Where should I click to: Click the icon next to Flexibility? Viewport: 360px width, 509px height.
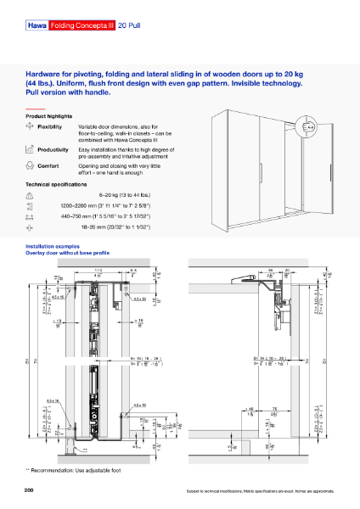(x=31, y=126)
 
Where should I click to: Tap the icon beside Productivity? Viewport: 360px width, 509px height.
(x=31, y=149)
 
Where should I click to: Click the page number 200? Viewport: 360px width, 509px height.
(x=30, y=490)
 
